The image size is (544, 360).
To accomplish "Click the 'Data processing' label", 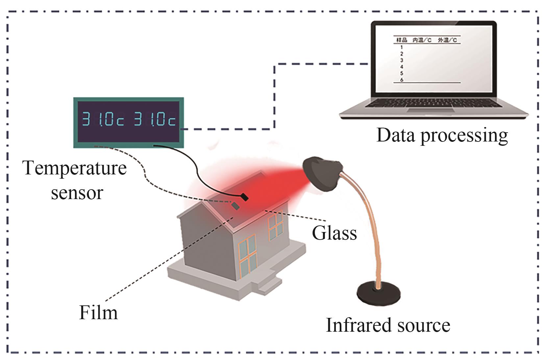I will (x=442, y=135).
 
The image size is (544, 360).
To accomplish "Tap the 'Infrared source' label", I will (x=387, y=325).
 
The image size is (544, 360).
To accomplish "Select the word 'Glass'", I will (x=334, y=233).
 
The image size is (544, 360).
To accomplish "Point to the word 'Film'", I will (x=98, y=313).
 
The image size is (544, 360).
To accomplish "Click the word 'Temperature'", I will (x=74, y=168).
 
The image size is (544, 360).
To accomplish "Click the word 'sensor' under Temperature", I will (x=77, y=192).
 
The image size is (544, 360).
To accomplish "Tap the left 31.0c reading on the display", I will (x=103, y=119).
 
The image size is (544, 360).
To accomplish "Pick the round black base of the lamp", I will (x=379, y=295).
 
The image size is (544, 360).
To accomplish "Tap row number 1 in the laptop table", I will (x=401, y=47).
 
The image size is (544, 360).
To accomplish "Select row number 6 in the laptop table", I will (x=402, y=80).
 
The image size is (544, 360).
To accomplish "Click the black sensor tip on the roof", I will (x=244, y=197).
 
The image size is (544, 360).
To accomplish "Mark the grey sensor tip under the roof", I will (x=235, y=206).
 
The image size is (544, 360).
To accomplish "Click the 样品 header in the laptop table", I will (x=402, y=40).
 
